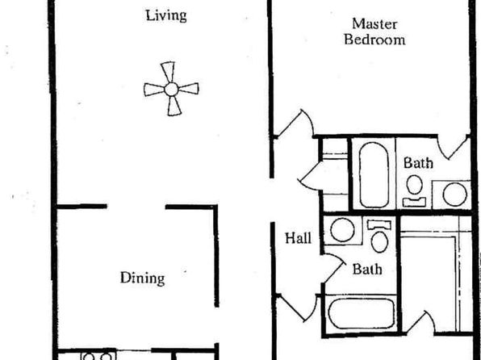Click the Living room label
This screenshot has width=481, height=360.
click(x=166, y=16)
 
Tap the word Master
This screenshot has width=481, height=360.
click(x=374, y=24)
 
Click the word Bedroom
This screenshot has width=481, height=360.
click(x=374, y=40)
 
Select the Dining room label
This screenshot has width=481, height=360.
click(x=142, y=278)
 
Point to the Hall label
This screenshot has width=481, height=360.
click(x=298, y=238)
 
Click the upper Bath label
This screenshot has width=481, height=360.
click(x=418, y=163)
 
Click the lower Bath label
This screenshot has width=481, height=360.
click(x=367, y=270)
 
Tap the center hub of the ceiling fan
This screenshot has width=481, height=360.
click(x=171, y=90)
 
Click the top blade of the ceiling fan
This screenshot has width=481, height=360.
click(x=168, y=72)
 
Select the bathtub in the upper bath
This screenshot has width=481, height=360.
click(x=374, y=175)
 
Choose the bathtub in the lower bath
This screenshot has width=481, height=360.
click(x=362, y=313)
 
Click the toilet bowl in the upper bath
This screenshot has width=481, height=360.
click(x=415, y=185)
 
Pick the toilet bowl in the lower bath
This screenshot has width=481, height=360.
click(x=379, y=242)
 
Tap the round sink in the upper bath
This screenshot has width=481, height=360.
click(x=454, y=195)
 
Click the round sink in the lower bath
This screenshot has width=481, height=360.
click(x=342, y=230)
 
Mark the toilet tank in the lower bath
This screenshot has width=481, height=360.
click(x=379, y=225)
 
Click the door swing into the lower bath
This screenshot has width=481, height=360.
click(x=333, y=268)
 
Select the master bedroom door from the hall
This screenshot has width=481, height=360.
click(x=295, y=123)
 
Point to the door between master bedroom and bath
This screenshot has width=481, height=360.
click(x=454, y=147)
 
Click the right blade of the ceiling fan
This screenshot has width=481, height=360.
click(x=189, y=89)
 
